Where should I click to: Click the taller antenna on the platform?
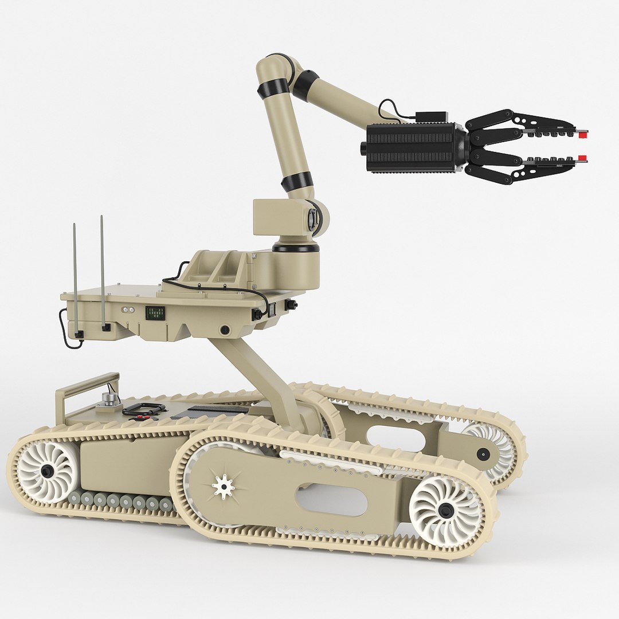coord(102,269)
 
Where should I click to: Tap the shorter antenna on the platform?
coord(75,275)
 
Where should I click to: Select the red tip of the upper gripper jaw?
coord(582,135)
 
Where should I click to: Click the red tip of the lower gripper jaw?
coord(582,158)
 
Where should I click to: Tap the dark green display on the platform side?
coord(155,312)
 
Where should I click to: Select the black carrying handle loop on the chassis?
coord(143,409)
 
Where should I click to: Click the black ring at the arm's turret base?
coord(295,248)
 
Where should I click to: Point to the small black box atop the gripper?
coord(431,116)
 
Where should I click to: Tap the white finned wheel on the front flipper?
coord(446,511)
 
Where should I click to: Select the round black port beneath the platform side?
coord(225,330)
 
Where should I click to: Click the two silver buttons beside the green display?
coord(127,309)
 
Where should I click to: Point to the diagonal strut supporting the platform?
coord(258,373)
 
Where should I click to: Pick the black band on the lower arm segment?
coord(297,181)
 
